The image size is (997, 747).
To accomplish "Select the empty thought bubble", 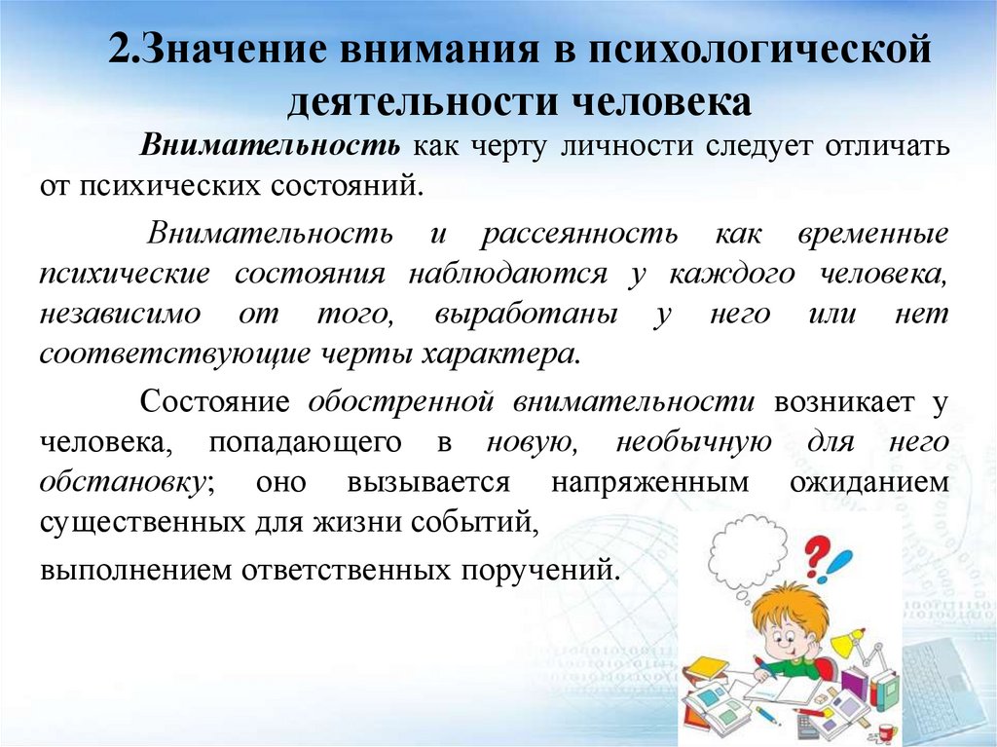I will tap(748, 557).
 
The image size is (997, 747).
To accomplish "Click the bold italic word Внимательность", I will tap(270, 147).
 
